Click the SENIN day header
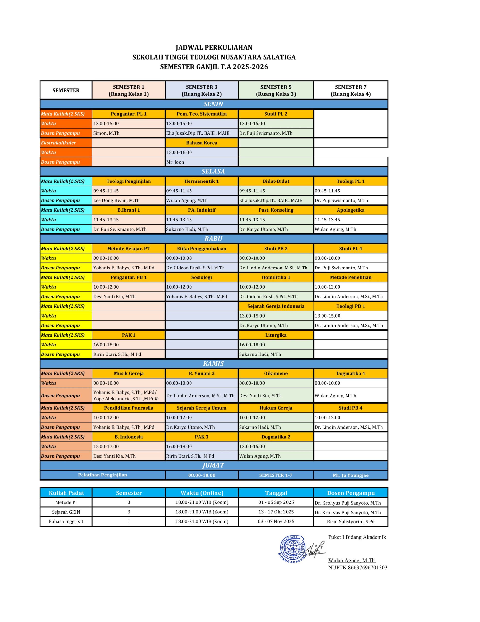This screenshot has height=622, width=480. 213,104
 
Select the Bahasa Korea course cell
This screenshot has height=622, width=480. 201,143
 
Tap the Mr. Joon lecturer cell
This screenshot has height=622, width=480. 201,162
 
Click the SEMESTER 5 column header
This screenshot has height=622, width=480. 276,90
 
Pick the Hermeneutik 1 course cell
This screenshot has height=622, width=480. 201,181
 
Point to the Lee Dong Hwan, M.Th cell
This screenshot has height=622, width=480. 128,200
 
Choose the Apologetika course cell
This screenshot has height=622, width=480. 351,210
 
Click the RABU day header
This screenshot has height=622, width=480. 213,239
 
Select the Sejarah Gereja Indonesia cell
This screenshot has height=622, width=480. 276,306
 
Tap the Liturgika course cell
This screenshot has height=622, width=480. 276,335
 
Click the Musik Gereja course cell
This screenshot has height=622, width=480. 129,373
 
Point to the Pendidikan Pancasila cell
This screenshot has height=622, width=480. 129,408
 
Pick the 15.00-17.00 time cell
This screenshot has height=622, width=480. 128,446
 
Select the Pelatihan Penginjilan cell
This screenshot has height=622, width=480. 102,475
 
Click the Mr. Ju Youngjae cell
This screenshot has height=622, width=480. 351,475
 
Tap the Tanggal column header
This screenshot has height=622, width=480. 276,493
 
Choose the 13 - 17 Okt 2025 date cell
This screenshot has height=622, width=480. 276,512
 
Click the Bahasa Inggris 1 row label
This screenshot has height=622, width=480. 66,521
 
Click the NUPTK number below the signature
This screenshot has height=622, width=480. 357,567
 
